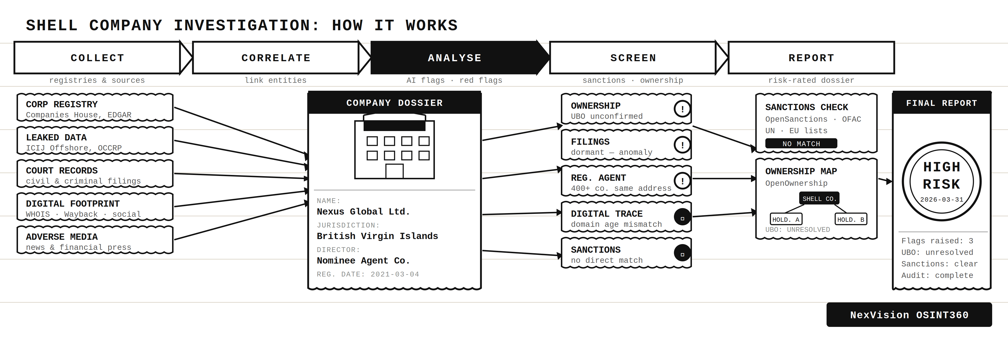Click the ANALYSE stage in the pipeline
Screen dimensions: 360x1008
tap(454, 58)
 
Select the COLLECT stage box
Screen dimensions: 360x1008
tap(97, 58)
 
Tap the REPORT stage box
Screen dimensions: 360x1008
tap(811, 58)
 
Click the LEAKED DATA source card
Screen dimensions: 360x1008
tap(95, 141)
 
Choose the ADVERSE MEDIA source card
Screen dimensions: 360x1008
tap(95, 240)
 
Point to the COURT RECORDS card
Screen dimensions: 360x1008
tap(95, 174)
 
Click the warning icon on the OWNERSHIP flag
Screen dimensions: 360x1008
tap(682, 109)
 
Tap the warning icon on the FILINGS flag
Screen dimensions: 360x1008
tap(682, 145)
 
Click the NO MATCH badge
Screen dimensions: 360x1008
tap(801, 144)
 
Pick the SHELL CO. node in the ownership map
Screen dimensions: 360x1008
tap(819, 199)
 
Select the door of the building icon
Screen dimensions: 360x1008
tap(394, 171)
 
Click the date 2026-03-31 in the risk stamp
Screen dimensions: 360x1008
tap(942, 200)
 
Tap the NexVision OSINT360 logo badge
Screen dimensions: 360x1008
tap(909, 315)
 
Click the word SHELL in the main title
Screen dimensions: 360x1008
tap(52, 25)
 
